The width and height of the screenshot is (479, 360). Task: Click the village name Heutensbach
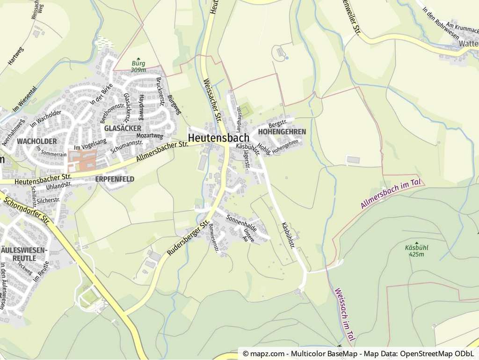point(219,137)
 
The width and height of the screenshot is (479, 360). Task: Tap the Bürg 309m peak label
point(138,66)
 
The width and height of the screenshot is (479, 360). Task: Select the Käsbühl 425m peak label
point(416,250)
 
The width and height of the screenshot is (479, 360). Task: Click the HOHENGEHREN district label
point(282,132)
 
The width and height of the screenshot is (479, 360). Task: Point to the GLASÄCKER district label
point(123,128)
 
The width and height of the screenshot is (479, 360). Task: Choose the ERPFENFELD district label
point(115,179)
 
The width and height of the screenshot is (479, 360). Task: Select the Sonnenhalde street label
point(241,222)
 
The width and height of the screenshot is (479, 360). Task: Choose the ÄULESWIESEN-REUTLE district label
point(24,254)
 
